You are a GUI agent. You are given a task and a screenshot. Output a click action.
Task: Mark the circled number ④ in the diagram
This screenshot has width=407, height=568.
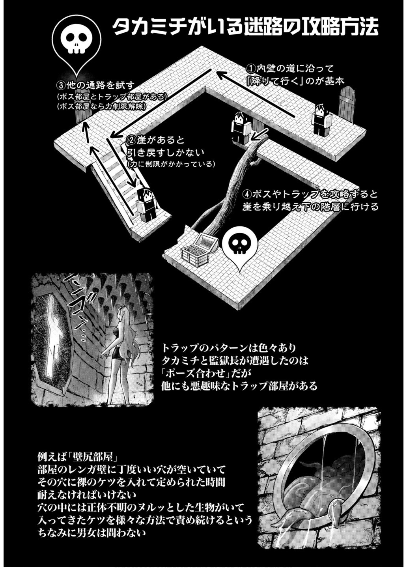pyautogui.click(x=247, y=194)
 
